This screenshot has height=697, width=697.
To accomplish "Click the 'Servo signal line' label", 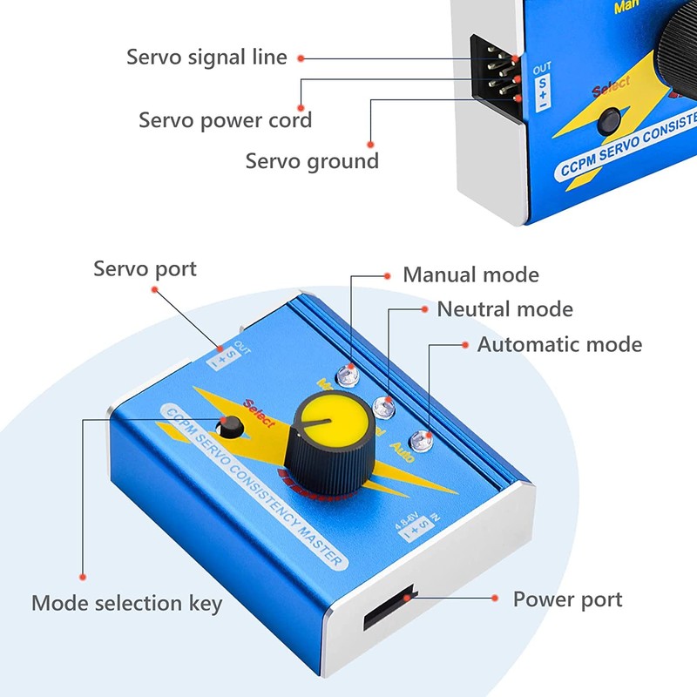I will [206, 58].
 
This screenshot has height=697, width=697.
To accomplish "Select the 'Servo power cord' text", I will [225, 119].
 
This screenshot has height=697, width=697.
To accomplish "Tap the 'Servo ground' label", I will [312, 161].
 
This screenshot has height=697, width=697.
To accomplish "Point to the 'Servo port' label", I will [145, 268].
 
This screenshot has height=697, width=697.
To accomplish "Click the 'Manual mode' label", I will [470, 275].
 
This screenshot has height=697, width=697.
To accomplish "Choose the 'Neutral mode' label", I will [504, 309].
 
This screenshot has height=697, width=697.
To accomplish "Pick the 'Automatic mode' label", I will [559, 344].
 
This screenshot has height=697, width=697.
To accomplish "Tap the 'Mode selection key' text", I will [127, 603].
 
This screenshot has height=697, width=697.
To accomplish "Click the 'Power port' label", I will [567, 599].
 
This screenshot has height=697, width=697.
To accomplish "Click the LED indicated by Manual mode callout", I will [350, 375].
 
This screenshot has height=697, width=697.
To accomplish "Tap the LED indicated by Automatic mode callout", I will [424, 440].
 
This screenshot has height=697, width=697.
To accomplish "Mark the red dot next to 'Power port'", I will [494, 599].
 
